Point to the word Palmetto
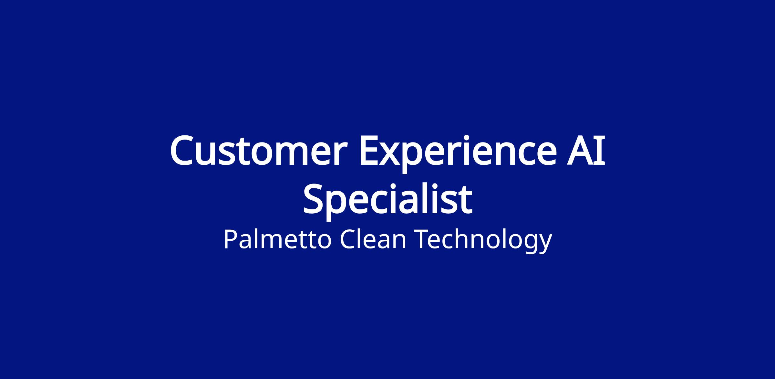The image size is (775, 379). coord(277,239)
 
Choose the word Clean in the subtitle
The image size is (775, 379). coord(373,240)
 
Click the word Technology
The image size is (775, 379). coord(484,241)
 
